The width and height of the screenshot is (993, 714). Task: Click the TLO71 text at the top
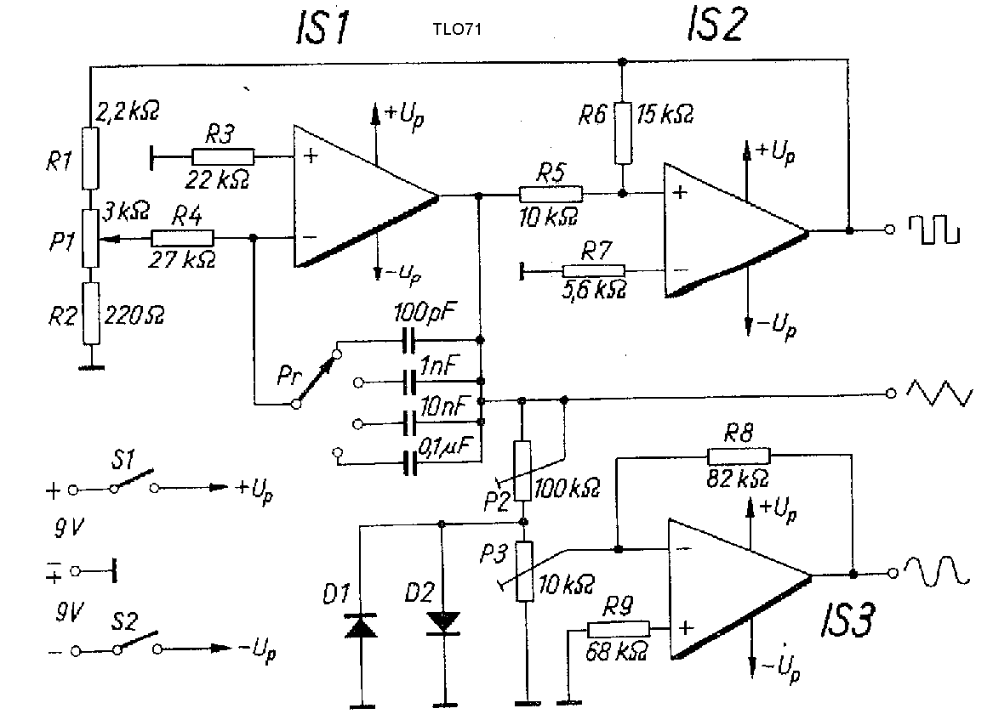[457, 29]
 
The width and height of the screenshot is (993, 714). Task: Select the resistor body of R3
[223, 157]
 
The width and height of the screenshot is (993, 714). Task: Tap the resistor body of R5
[551, 194]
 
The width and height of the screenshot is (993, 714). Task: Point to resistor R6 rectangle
[623, 133]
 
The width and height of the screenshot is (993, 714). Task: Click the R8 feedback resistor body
[739, 456]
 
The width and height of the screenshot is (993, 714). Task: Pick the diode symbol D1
[360, 625]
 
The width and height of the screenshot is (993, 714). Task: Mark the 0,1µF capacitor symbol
[410, 463]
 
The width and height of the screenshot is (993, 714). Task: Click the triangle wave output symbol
[939, 392]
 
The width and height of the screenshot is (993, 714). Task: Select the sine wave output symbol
[936, 571]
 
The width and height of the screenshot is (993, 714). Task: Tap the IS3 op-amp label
[847, 619]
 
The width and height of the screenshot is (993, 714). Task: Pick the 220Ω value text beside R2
[134, 315]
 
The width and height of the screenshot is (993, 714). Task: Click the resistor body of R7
[593, 271]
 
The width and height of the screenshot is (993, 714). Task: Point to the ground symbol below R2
[91, 365]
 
